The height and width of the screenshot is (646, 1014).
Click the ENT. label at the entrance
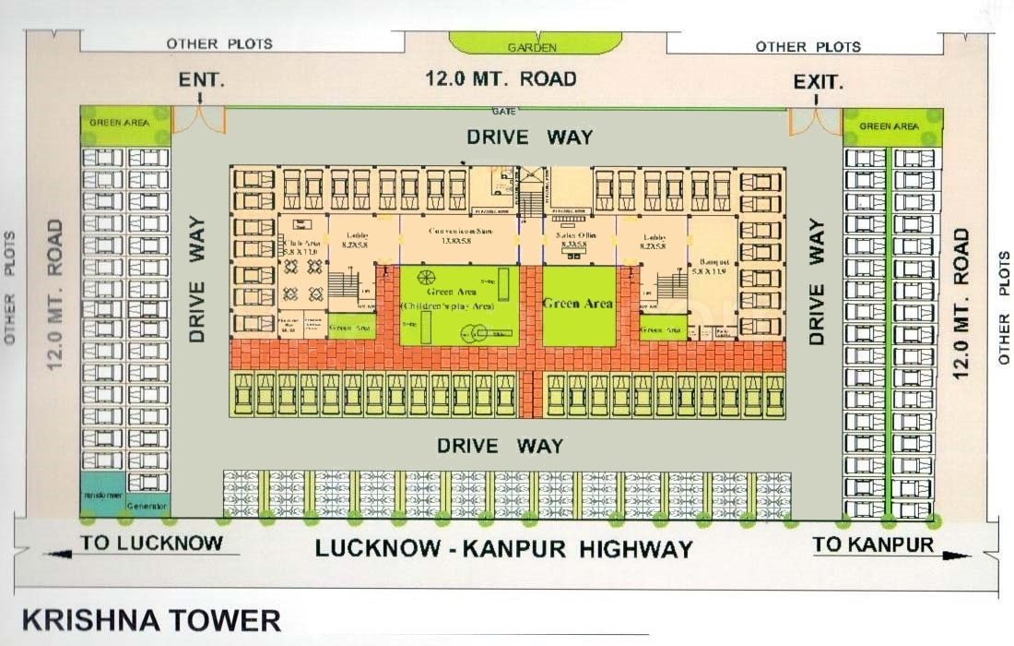(201, 80)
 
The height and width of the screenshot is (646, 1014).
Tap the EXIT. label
(818, 82)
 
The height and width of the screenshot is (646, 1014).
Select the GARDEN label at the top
(532, 47)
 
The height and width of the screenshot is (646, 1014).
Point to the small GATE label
(503, 111)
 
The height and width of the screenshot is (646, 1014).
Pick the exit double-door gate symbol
(815, 121)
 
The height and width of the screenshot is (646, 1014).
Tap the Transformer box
(103, 496)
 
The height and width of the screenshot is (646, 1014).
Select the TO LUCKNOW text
(151, 543)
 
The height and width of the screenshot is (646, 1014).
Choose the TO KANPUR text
(872, 544)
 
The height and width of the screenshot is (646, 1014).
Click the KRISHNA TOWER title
(151, 619)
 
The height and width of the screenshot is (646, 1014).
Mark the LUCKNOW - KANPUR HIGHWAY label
(503, 548)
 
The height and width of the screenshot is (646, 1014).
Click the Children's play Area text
(446, 305)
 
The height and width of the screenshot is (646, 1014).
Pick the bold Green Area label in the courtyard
(578, 303)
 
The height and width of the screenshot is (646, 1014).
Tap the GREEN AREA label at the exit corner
(889, 126)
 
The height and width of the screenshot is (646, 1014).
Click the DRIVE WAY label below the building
(500, 446)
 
